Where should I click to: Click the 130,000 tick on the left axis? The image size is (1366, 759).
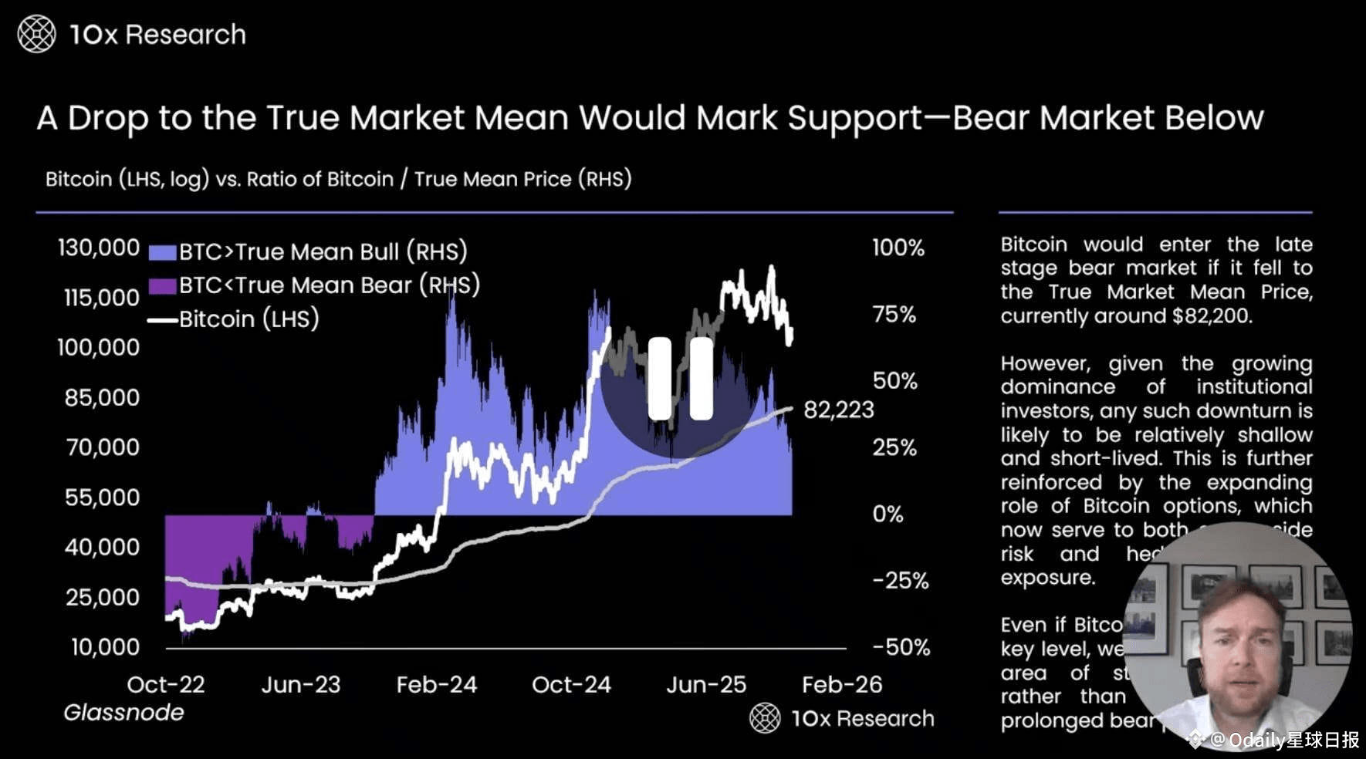(x=99, y=248)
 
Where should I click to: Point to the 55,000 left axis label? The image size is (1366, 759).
(x=103, y=498)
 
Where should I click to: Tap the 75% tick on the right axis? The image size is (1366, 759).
(x=894, y=315)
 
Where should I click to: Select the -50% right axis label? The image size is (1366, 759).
(x=901, y=647)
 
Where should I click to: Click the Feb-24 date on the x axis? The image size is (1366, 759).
(x=437, y=685)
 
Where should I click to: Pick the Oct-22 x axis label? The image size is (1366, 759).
(x=166, y=685)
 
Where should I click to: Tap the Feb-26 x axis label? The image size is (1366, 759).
(x=842, y=685)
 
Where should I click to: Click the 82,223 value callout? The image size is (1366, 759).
(x=839, y=410)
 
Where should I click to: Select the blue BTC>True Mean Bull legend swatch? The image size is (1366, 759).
(x=162, y=252)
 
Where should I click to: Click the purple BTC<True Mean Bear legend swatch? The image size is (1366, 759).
(x=162, y=286)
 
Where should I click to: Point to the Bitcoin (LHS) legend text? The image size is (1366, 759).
(x=249, y=319)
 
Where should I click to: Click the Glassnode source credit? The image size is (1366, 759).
(x=123, y=713)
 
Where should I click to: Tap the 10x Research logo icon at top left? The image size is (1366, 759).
(x=36, y=35)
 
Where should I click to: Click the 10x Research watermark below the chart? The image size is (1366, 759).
(x=843, y=719)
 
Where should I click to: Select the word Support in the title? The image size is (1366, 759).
(x=854, y=118)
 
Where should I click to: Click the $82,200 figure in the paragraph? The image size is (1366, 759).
(x=1210, y=316)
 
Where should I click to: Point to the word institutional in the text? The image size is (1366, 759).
(x=1254, y=387)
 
